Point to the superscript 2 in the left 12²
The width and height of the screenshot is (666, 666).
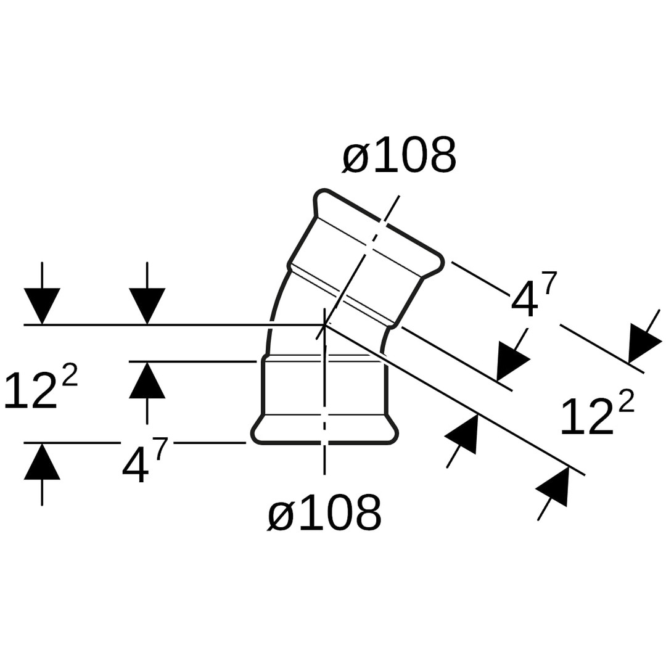pyautogui.click(x=70, y=375)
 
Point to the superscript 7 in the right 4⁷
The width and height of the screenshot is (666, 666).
pyautogui.click(x=549, y=284)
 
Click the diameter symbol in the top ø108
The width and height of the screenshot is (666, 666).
pyautogui.click(x=356, y=158)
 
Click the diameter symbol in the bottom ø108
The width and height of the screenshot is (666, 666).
pyautogui.click(x=281, y=516)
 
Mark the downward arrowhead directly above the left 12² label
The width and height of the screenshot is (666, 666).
pyautogui.click(x=42, y=305)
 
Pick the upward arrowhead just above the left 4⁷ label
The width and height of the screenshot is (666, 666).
pyautogui.click(x=147, y=380)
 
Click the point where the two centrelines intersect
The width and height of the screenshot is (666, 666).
pyautogui.click(x=324, y=324)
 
